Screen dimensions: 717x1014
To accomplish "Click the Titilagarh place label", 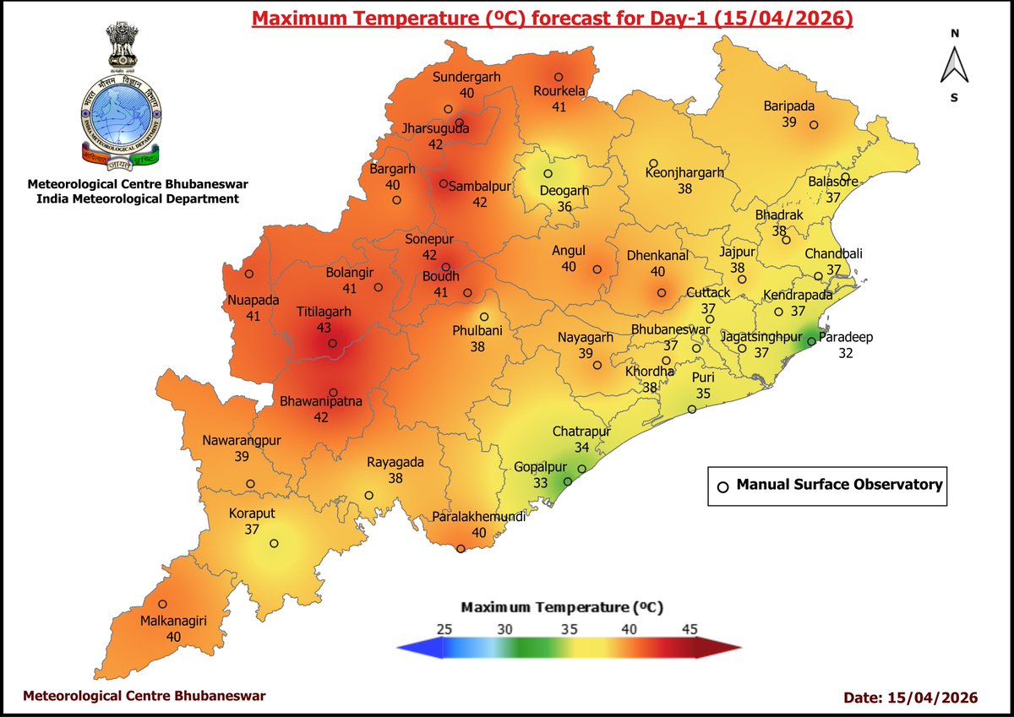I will (x=324, y=312).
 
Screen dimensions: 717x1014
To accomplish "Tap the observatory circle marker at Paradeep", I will (x=810, y=342).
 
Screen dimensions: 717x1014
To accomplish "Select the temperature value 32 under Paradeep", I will (x=846, y=354).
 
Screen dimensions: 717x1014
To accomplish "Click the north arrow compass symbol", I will (x=954, y=65).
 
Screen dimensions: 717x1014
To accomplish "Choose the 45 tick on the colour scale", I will (x=690, y=628).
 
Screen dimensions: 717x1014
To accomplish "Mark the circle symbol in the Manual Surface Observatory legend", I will (x=722, y=486).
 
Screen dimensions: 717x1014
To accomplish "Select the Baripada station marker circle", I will (x=814, y=125).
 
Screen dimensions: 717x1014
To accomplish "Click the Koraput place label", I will (x=252, y=513).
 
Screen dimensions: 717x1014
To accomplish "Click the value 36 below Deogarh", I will (x=566, y=206).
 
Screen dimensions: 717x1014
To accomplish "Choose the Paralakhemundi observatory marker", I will (x=461, y=549).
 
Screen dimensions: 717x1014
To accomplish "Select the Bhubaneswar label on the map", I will (x=671, y=329).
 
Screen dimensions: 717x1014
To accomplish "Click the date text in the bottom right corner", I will (x=911, y=698).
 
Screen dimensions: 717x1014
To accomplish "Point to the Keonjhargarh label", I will (x=684, y=172).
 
